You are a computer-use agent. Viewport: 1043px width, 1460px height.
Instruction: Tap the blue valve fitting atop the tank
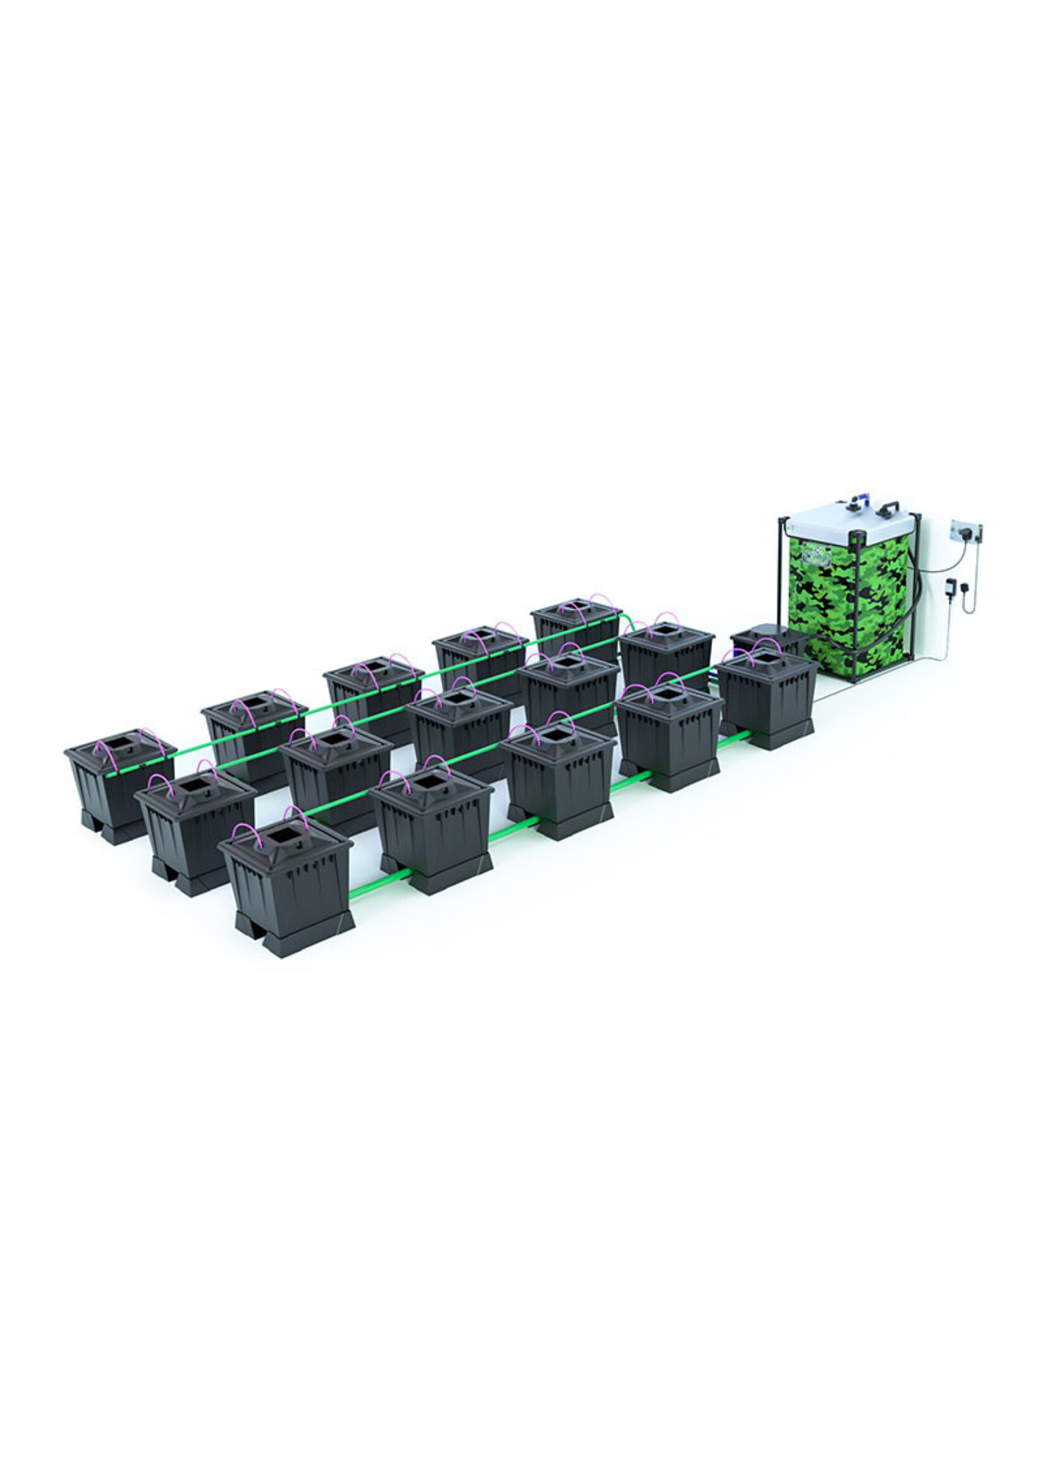click(x=860, y=503)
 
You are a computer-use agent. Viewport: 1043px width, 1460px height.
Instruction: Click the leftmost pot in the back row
click(x=119, y=780)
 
